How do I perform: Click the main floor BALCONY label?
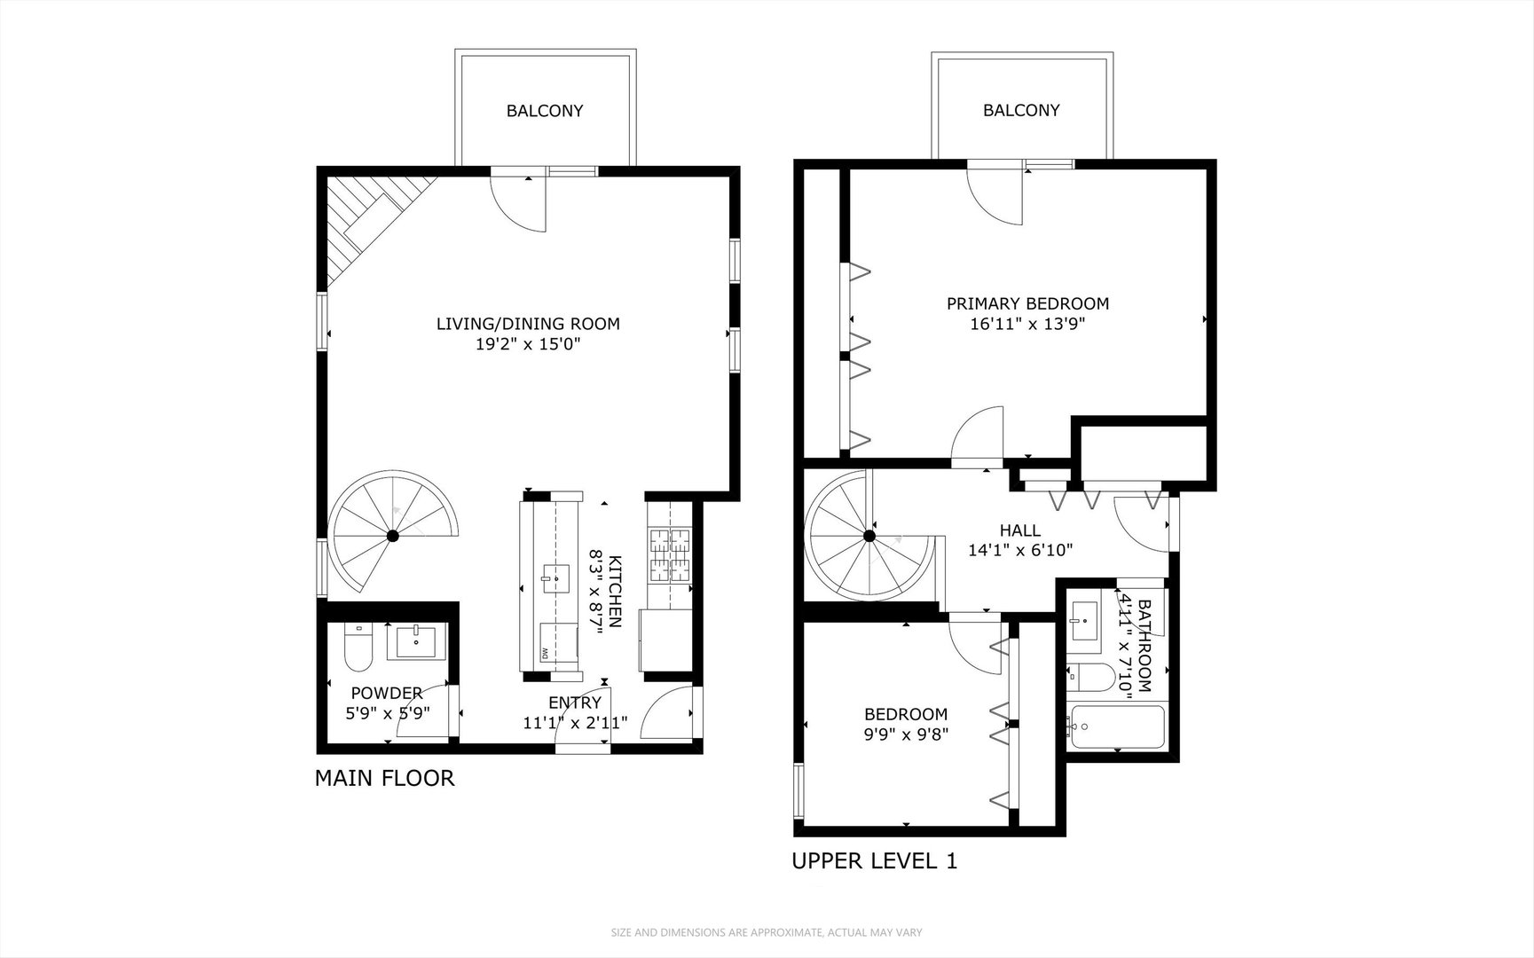[545, 111]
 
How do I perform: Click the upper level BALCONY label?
[1021, 110]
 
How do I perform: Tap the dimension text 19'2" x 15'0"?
[528, 345]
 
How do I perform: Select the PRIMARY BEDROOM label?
[1027, 303]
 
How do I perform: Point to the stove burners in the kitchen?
[671, 554]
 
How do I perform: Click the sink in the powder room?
[414, 640]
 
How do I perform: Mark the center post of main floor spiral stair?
[392, 536]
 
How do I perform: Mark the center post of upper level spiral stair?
[869, 536]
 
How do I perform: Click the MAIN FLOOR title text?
[384, 779]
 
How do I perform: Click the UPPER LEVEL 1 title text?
[874, 860]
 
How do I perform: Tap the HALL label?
[1020, 530]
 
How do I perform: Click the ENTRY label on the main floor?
[575, 703]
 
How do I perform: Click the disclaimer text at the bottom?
[767, 932]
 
